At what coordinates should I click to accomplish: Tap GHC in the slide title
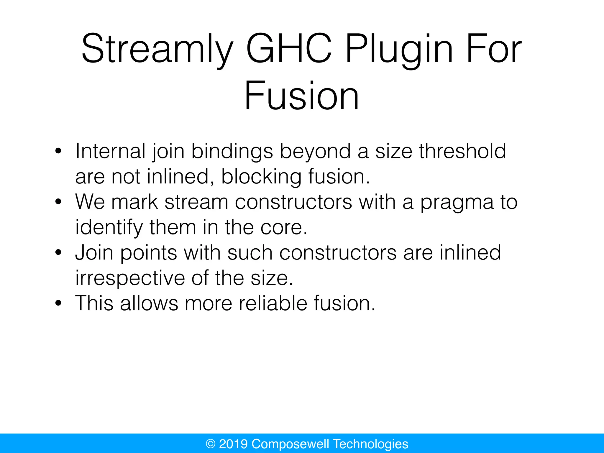coord(289,48)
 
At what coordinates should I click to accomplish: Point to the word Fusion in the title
coord(302,96)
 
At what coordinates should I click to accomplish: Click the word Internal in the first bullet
coord(110,151)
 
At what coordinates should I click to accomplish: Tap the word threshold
coord(462,151)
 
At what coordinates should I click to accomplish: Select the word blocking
coord(261,177)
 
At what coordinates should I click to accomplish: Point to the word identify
coord(109,228)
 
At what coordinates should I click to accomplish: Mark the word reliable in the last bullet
coord(273,303)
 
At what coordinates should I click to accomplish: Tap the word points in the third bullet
coord(149,253)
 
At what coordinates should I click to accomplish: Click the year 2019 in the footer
coord(233,444)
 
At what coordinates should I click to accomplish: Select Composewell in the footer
coord(290,444)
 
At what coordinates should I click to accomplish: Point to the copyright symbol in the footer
coord(211,444)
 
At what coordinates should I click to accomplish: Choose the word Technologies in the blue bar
coord(370,444)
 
